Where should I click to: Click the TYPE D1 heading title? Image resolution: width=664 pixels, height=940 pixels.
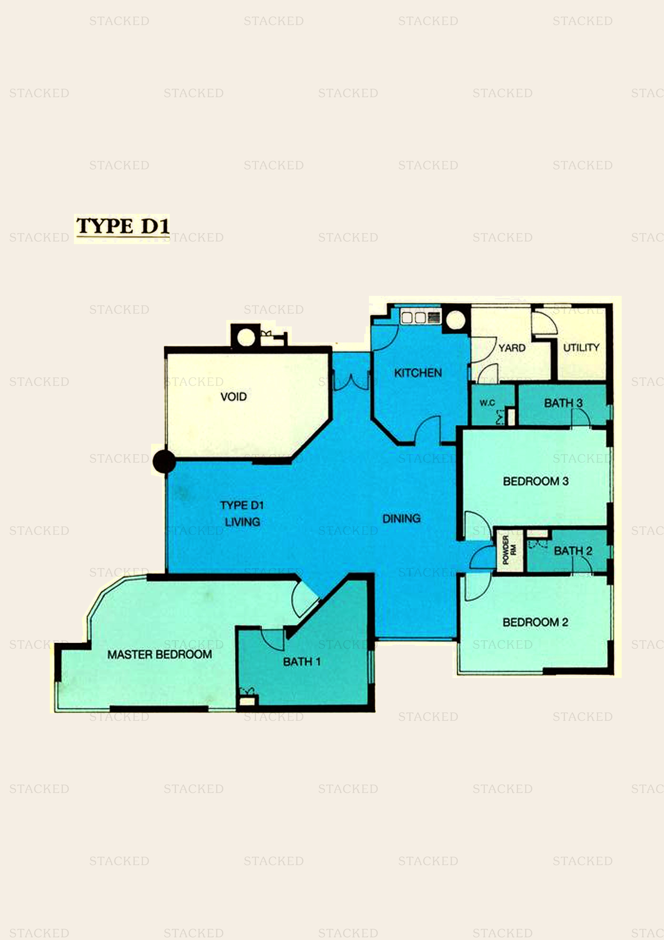coord(122,226)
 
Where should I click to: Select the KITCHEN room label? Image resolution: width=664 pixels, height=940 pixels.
coord(418,372)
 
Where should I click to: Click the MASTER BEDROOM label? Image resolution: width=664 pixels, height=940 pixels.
coord(160,654)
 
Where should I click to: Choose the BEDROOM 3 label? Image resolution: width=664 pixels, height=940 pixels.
coord(535,481)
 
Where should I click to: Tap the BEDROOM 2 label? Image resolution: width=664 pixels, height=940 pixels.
coord(535,622)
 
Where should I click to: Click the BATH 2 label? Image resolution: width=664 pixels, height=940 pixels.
coord(573,551)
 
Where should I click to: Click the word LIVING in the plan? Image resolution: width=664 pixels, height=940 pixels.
coord(242,522)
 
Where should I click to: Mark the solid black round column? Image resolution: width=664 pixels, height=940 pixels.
coord(164,461)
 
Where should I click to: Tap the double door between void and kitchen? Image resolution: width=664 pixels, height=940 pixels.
coord(351,382)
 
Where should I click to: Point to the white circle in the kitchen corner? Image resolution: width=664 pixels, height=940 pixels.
coord(455,320)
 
